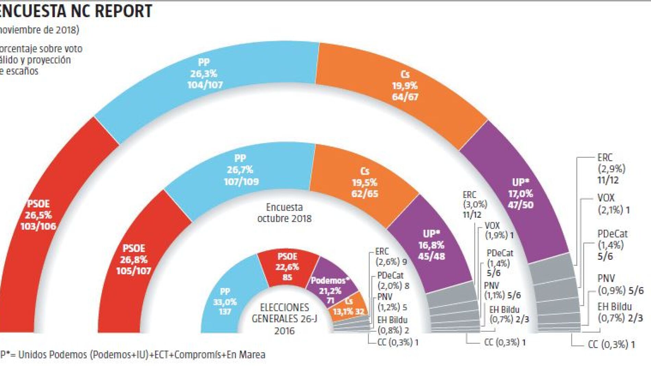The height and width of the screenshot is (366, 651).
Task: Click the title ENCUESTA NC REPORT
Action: coord(75,11)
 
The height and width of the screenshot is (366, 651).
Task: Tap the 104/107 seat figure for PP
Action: coord(205,85)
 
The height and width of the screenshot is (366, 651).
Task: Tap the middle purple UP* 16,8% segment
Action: coord(431,245)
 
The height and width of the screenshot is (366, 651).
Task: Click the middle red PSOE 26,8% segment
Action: coord(134,260)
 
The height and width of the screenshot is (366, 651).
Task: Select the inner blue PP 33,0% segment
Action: coord(225,301)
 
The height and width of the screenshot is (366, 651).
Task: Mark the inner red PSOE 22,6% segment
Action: coord(287,267)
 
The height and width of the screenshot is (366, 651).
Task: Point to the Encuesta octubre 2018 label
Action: coord(284,213)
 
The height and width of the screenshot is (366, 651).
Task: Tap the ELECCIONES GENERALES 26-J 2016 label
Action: coord(284,319)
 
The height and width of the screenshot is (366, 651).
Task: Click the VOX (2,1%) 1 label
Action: coord(614,204)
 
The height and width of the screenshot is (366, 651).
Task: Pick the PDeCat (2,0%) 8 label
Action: coord(393,280)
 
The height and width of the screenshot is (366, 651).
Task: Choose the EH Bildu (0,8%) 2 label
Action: coord(393,325)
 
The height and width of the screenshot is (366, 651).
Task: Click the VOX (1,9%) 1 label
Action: coord(499,230)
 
